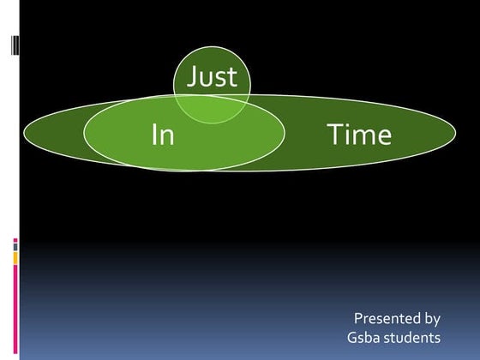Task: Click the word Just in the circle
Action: [x=212, y=78]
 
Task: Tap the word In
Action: [x=162, y=135]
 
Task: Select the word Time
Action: [x=358, y=135]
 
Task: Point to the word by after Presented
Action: [x=432, y=319]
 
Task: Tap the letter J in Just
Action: [x=193, y=78]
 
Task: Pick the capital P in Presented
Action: [x=358, y=318]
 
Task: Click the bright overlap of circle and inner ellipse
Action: [x=212, y=109]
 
